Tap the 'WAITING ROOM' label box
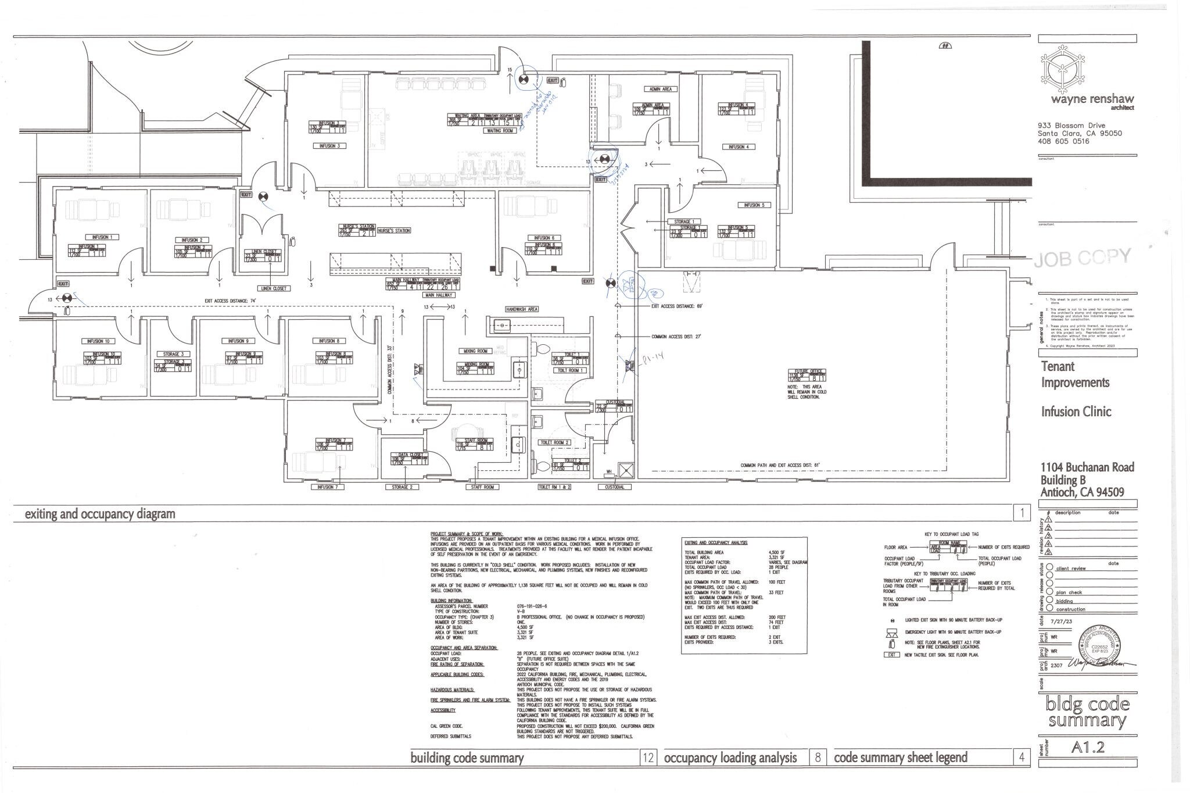pyautogui.click(x=500, y=131)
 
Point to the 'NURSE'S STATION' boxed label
pyautogui.click(x=394, y=231)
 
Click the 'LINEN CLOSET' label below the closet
pyautogui.click(x=273, y=288)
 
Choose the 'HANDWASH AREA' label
pyautogui.click(x=521, y=309)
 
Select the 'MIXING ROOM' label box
pyautogui.click(x=475, y=351)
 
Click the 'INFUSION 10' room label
pyautogui.click(x=98, y=341)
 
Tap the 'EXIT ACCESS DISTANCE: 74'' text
pyautogui.click(x=231, y=301)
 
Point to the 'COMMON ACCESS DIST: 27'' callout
pyautogui.click(x=677, y=337)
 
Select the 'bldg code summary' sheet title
pyautogui.click(x=1087, y=713)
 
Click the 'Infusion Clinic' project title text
pyautogui.click(x=1076, y=412)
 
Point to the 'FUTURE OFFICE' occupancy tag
pyautogui.click(x=807, y=375)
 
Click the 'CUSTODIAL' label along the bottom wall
pyautogui.click(x=614, y=487)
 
